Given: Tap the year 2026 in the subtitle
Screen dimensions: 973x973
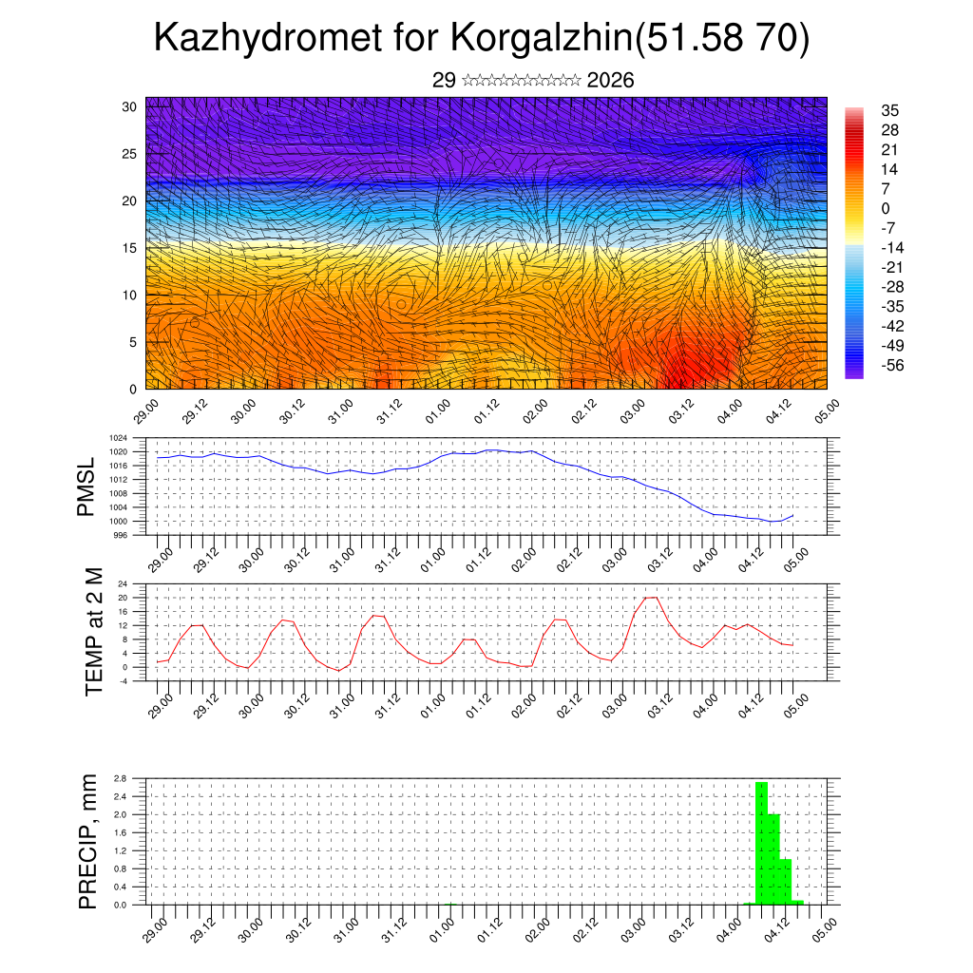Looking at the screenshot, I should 611,81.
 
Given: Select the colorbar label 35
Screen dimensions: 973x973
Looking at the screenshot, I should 890,110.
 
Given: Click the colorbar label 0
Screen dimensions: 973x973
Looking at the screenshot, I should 886,208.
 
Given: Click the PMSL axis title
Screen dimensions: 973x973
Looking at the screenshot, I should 86,486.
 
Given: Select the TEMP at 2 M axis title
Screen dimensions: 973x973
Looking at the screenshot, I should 93,632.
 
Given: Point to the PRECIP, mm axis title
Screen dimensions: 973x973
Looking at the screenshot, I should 88,841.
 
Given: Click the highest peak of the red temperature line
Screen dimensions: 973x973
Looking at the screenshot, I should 651,598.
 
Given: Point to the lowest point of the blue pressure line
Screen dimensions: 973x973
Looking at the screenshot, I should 774,522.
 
